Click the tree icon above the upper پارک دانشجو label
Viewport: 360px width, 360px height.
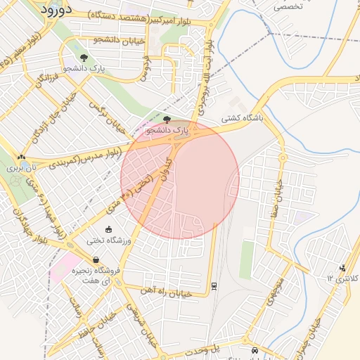84,58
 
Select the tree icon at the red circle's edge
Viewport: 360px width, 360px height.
167,120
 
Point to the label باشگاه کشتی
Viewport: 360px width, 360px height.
242,119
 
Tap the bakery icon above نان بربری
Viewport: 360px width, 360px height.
22,157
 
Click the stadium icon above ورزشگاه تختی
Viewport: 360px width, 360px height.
108,229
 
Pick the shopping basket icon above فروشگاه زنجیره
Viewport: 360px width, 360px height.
96,259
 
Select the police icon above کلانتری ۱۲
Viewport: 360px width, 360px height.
342,268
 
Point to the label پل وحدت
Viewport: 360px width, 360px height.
203,349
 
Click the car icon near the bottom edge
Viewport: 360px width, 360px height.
253,349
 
